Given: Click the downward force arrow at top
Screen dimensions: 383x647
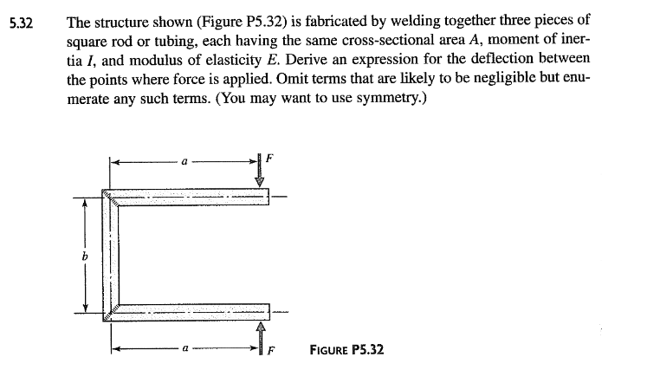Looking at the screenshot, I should [x=259, y=173].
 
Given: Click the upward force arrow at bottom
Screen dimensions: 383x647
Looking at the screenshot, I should [x=259, y=333].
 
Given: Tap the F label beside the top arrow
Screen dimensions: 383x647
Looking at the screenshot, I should [x=269, y=160].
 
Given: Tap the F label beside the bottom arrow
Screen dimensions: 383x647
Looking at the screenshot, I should [x=270, y=351].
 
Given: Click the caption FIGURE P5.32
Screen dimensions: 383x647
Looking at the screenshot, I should [x=346, y=349].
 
